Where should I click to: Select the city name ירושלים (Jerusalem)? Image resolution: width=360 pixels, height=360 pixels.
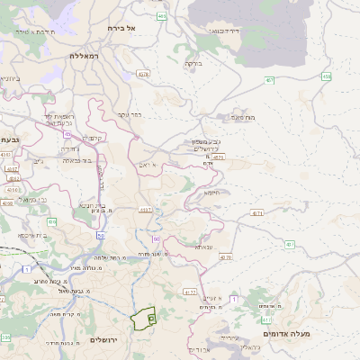105,339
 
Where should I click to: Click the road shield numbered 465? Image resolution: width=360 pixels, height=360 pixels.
161,16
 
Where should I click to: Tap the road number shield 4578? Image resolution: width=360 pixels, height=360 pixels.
143,74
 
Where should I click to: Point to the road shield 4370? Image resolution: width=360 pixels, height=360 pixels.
224,256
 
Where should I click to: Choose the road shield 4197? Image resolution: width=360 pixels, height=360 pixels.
145,210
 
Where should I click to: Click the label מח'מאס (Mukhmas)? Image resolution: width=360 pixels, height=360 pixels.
243,116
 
